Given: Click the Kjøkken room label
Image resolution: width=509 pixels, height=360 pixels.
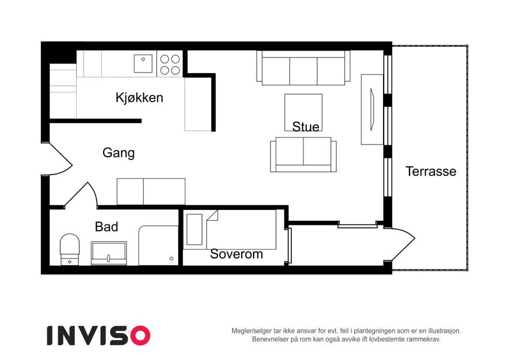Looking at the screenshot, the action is (x=139, y=98).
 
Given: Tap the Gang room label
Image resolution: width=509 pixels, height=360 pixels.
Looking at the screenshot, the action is (x=119, y=153).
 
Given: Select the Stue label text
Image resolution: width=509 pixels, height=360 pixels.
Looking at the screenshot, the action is (x=306, y=127).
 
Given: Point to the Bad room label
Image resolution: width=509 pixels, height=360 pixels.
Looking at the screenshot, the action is (x=107, y=227).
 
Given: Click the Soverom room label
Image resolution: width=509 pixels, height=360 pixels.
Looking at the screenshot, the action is (x=236, y=254).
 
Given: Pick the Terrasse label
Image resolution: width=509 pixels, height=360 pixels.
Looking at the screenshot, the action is (x=431, y=171).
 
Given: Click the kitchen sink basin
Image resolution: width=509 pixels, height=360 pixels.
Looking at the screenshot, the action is (x=143, y=64).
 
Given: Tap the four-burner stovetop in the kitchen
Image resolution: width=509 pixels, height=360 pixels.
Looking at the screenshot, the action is (x=170, y=64).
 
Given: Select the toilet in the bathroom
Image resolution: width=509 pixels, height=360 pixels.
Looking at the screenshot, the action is (x=70, y=249).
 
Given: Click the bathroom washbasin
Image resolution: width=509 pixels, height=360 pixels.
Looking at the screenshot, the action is (x=109, y=253).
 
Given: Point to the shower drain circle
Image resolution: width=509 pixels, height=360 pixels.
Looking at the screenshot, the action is (x=171, y=259).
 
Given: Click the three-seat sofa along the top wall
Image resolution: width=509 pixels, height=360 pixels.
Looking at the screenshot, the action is (x=303, y=68).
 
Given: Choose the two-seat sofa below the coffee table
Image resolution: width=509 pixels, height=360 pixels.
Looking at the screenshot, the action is (x=303, y=155).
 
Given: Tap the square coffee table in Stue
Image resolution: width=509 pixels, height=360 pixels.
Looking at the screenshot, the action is (x=303, y=112).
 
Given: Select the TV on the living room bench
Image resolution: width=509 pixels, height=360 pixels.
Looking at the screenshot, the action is (x=372, y=109).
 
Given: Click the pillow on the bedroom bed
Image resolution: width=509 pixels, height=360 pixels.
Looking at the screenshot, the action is (x=194, y=229).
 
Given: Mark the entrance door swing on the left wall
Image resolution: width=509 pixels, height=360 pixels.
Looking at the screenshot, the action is (x=61, y=159).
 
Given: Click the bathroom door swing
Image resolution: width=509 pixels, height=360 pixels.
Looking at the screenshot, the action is (x=81, y=195).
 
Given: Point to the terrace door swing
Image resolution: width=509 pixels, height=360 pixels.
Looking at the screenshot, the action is (x=402, y=244).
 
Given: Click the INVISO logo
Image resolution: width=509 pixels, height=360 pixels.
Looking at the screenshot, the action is (x=99, y=335).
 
